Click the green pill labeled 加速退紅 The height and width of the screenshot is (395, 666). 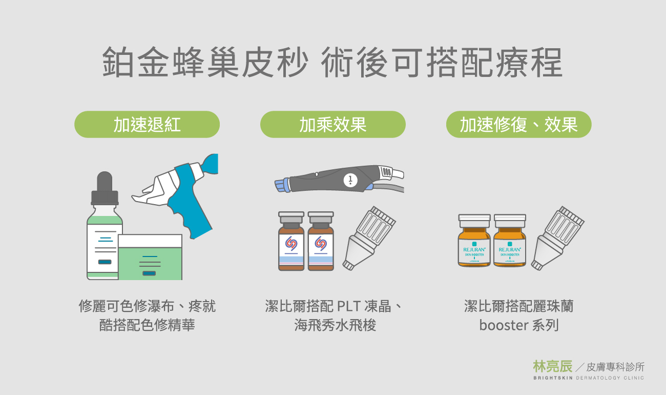tap(147, 125)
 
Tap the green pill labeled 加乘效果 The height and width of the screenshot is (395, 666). tap(332, 125)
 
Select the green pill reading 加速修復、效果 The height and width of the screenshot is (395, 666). tap(519, 125)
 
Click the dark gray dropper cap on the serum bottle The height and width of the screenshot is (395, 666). tap(105, 188)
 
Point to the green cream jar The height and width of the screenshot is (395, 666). tap(150, 257)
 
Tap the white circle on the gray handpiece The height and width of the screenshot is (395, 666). tap(350, 180)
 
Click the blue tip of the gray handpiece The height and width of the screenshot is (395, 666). tap(282, 185)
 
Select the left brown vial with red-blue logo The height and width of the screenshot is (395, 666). tap(291, 241)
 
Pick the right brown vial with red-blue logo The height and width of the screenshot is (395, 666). tap(321, 241)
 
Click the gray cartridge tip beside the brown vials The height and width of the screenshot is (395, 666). tap(369, 238)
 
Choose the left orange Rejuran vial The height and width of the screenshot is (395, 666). tap(474, 241)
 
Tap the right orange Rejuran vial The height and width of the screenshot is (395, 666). tap(510, 241)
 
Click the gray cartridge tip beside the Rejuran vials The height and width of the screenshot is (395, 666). tap(557, 238)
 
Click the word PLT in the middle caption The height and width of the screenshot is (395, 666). tap(348, 306)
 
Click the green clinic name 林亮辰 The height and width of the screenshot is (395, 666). tap(552, 366)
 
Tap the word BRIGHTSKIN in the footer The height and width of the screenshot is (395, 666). tap(553, 378)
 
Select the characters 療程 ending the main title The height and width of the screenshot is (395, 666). tap(529, 62)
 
